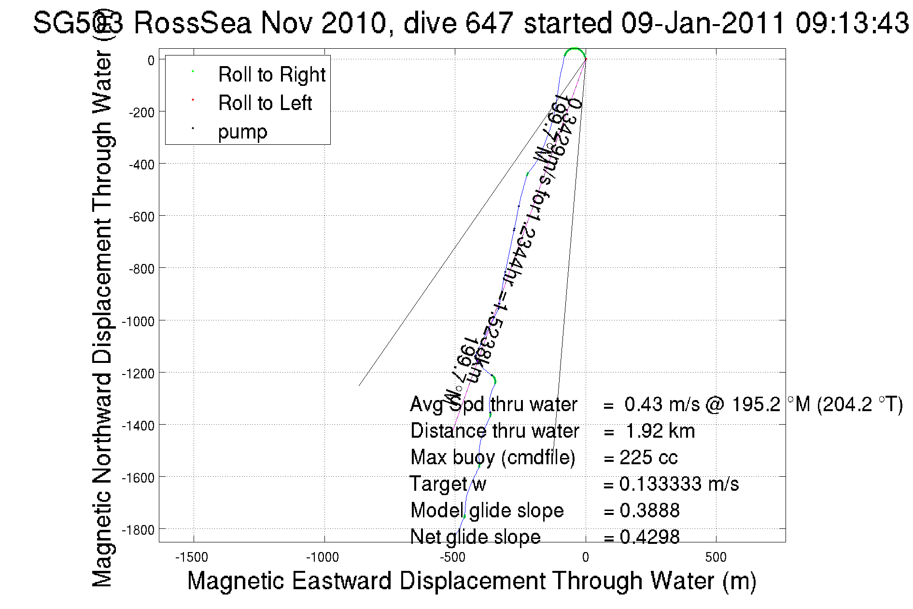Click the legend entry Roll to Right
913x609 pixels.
tap(271, 75)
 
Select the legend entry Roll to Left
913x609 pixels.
tap(265, 103)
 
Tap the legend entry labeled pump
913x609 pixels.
tap(242, 132)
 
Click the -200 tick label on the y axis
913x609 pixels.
tap(141, 112)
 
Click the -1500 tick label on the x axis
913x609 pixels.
tap(192, 557)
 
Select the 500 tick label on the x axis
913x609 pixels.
tap(716, 557)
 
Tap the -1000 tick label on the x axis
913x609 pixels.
tap(323, 557)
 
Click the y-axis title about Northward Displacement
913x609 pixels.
tap(102, 318)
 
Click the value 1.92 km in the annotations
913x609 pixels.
tap(660, 431)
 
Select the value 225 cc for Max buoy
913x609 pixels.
tap(648, 457)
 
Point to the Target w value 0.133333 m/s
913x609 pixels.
tap(679, 484)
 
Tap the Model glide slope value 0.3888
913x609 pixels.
tap(649, 511)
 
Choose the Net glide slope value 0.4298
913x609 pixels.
tap(649, 537)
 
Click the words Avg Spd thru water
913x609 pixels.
tap(493, 404)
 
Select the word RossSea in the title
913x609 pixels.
tap(192, 23)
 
